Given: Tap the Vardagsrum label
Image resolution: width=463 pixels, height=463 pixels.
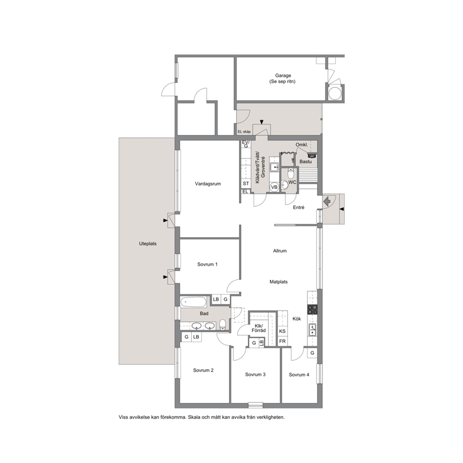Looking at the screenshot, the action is click(x=208, y=184).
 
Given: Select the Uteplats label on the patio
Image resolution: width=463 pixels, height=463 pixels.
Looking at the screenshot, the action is click(x=147, y=244).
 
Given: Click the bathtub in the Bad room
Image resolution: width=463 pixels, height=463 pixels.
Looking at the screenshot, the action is click(x=194, y=302).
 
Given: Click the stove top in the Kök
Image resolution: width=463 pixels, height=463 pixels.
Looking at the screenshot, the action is click(x=312, y=309).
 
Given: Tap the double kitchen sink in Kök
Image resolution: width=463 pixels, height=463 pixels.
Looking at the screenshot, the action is click(x=312, y=330).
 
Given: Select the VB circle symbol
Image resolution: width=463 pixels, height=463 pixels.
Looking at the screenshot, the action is click(x=274, y=187).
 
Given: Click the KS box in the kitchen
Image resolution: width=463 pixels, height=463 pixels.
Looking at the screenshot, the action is click(x=282, y=331).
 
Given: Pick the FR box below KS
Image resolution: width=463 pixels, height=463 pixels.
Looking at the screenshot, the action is click(x=282, y=341).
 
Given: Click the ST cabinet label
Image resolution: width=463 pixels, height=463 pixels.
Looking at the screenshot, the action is click(x=246, y=183).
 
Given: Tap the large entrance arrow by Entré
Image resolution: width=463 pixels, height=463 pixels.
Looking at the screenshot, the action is click(x=327, y=202).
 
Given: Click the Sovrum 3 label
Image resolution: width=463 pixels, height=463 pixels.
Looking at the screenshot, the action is click(x=255, y=374).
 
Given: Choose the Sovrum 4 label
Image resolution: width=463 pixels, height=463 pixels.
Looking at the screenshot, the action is click(x=299, y=375).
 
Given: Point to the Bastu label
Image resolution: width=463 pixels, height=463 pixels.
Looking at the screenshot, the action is click(x=306, y=161).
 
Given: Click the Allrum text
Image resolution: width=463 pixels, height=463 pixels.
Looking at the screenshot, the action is click(x=280, y=251).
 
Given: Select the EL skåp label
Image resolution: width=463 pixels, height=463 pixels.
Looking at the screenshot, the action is click(x=244, y=132).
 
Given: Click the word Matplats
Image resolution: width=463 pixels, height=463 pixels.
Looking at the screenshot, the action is click(x=279, y=282).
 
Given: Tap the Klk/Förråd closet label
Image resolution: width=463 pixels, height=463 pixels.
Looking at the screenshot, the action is click(x=259, y=328).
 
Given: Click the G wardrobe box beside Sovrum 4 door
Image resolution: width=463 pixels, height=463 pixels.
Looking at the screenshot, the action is click(x=312, y=353).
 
